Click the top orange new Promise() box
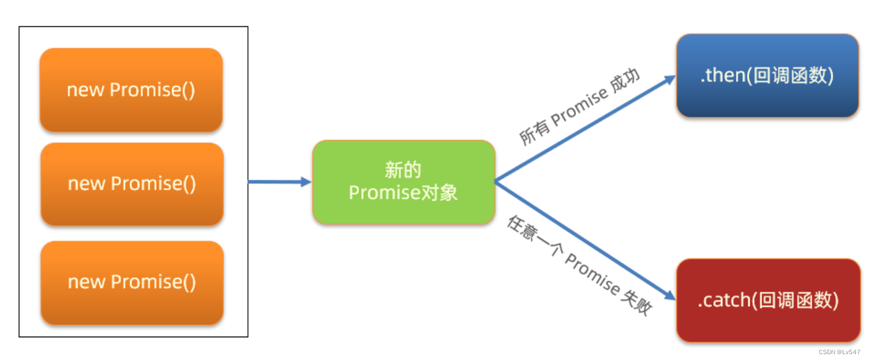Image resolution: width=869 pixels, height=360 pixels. click(x=131, y=90)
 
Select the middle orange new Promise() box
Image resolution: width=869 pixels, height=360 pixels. click(x=132, y=184)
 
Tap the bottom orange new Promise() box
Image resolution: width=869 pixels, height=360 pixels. click(x=132, y=282)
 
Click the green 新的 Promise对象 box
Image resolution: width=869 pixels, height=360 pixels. click(x=403, y=182)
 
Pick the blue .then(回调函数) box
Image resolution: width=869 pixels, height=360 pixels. click(x=767, y=75)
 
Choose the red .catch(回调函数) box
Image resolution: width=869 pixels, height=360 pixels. click(x=768, y=300)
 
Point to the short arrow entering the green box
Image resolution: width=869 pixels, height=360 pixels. click(x=279, y=182)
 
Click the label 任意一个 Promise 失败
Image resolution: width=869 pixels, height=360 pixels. click(x=579, y=265)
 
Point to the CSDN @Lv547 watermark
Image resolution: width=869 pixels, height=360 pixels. click(x=839, y=352)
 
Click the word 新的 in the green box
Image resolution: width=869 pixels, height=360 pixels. click(x=403, y=170)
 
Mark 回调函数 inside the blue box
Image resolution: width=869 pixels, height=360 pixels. click(x=789, y=76)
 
